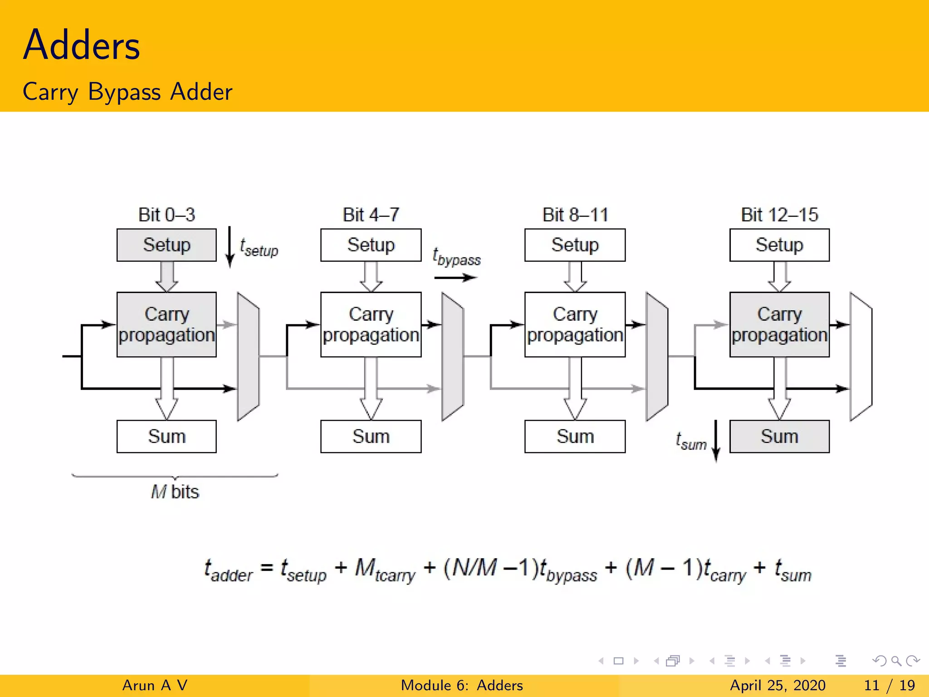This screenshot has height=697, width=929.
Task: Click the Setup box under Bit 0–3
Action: [x=166, y=245]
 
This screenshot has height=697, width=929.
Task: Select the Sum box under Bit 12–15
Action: [x=779, y=437]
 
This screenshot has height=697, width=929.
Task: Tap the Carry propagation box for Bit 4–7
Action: [x=371, y=324]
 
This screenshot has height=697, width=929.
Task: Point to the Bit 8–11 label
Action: [x=575, y=215]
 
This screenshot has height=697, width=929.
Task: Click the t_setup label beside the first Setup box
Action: [x=259, y=248]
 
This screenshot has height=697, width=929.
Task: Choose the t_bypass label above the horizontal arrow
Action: [x=456, y=257]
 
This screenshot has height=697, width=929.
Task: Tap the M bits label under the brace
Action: [x=175, y=492]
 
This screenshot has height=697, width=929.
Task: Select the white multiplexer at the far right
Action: [x=861, y=357]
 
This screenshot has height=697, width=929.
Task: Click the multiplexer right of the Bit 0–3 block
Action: [x=248, y=357]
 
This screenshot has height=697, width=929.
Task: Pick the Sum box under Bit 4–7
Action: [x=371, y=437]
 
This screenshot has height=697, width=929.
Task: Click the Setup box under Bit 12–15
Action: [x=779, y=245]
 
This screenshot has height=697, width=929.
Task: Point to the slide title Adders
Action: [x=82, y=45]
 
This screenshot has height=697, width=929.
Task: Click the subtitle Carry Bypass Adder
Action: [x=127, y=92]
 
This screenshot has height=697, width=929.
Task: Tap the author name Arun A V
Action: [x=155, y=685]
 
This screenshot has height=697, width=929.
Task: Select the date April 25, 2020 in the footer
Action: [x=777, y=685]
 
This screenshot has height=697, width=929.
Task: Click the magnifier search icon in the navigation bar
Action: [x=896, y=661]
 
